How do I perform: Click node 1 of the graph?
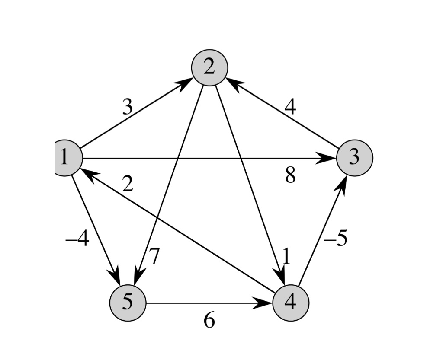point(67,158)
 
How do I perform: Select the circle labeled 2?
point(209,67)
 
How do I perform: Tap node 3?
point(354,158)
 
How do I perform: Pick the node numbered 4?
point(291,303)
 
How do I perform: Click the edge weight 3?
point(127,107)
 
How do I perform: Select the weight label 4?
point(290,107)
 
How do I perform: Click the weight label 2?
point(127,185)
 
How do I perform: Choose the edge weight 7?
point(154,257)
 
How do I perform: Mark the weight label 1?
point(286,257)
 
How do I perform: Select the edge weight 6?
point(209,321)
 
